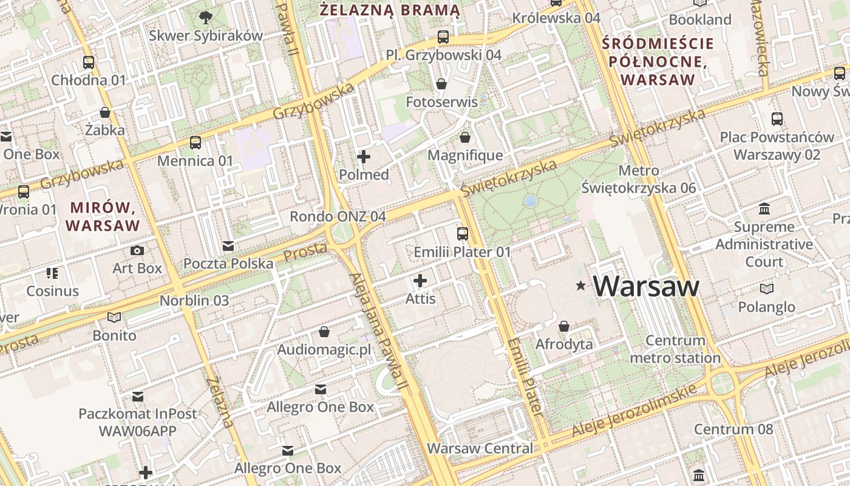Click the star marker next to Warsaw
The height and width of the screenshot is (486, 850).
pyautogui.click(x=581, y=286)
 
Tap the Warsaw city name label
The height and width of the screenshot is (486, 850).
pyautogui.click(x=646, y=286)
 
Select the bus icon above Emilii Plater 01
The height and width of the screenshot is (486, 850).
pyautogui.click(x=463, y=233)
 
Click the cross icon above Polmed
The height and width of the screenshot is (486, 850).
pyautogui.click(x=364, y=157)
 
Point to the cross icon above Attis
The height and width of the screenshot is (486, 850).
pyautogui.click(x=420, y=281)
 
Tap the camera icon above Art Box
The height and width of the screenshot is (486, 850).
pyautogui.click(x=137, y=250)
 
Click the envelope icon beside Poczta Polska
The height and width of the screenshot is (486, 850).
pyautogui.click(x=228, y=246)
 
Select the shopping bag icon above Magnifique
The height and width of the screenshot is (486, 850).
pyautogui.click(x=465, y=138)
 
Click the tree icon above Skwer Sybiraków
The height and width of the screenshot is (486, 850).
pyautogui.click(x=206, y=18)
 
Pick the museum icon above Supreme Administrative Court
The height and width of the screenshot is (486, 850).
pyautogui.click(x=764, y=209)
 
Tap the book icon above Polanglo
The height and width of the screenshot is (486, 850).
pyautogui.click(x=767, y=289)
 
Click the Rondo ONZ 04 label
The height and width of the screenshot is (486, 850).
pyautogui.click(x=338, y=216)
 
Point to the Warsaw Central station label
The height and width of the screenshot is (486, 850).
pyautogui.click(x=480, y=448)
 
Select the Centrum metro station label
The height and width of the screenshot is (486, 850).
pyautogui.click(x=675, y=349)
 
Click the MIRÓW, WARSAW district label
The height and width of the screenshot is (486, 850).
pyautogui.click(x=103, y=216)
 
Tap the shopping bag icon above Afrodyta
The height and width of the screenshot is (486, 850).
pyautogui.click(x=564, y=326)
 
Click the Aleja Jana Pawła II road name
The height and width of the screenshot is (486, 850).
pyautogui.click(x=377, y=331)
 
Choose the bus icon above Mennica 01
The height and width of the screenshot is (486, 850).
pyautogui.click(x=195, y=143)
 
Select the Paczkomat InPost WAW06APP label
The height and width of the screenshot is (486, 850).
pyautogui.click(x=138, y=422)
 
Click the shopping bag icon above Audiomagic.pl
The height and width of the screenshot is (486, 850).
pyautogui.click(x=324, y=332)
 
